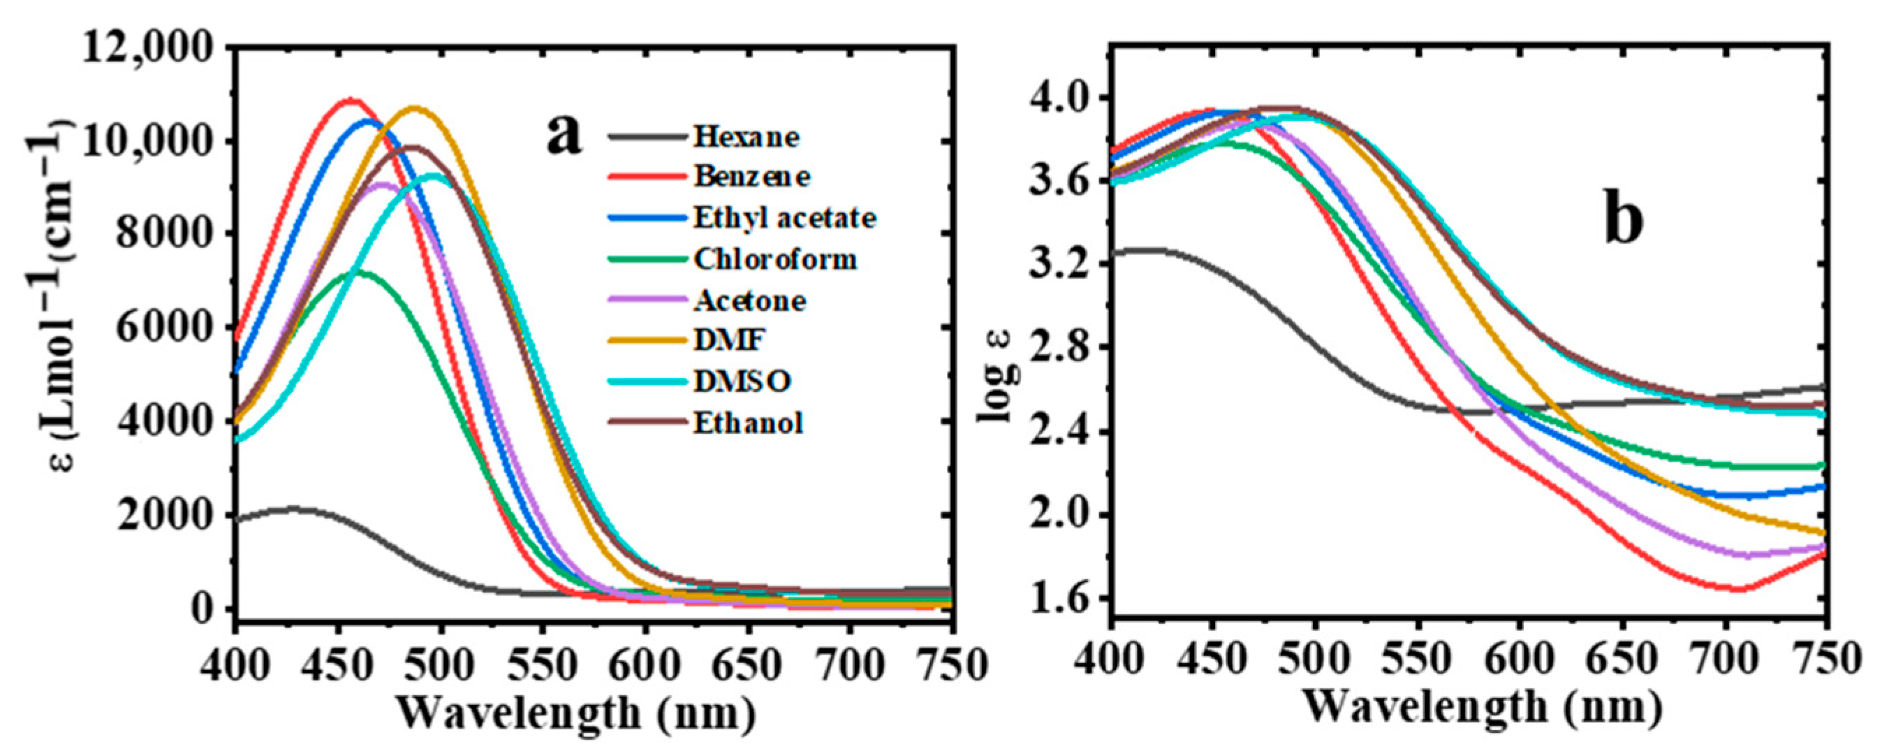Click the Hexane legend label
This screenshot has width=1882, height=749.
(x=746, y=137)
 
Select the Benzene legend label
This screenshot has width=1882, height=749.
(x=752, y=177)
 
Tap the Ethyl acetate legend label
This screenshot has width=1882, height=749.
(x=784, y=218)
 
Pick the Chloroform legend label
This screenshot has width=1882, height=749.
(x=774, y=259)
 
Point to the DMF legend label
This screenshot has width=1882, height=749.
(x=728, y=340)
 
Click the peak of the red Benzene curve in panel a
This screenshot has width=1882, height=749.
(x=351, y=99)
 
